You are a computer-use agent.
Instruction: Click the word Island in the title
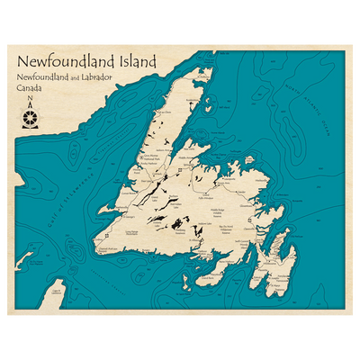(x=129, y=62)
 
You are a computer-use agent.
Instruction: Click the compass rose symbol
(x=30, y=117)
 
